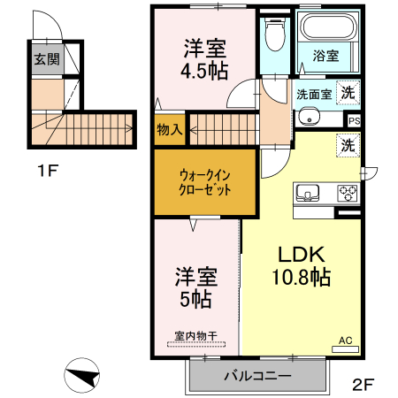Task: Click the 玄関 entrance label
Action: [x=47, y=60]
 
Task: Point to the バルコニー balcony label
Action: [x=256, y=376]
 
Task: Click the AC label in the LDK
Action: [x=347, y=338]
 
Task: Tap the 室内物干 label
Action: [x=195, y=337]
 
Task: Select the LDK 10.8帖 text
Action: [x=301, y=264]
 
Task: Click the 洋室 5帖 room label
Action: [x=195, y=287]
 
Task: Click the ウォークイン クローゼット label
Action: [x=205, y=181]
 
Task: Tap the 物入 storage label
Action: [x=169, y=130]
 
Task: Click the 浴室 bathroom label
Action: [x=325, y=56]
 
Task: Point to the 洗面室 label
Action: [x=313, y=93]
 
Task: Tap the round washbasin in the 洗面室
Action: [x=310, y=116]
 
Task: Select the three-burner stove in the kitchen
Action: [x=346, y=193]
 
